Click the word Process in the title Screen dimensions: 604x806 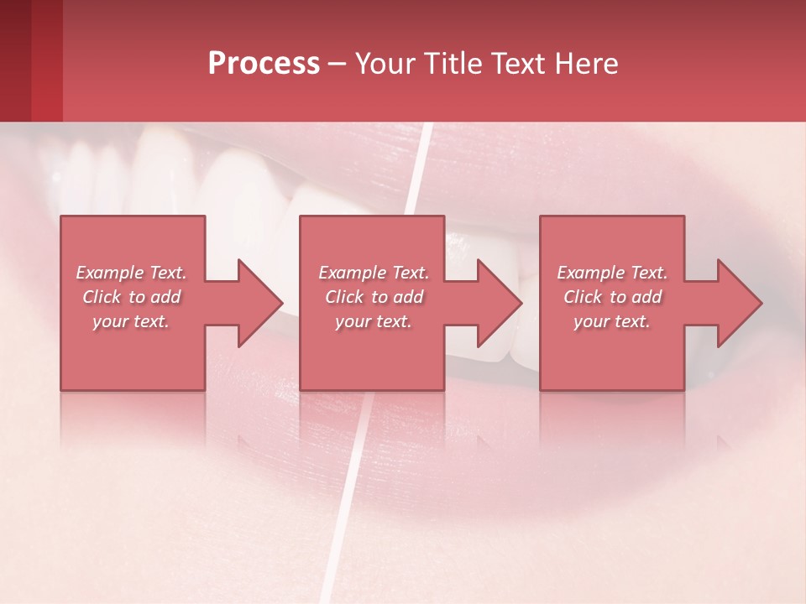264,64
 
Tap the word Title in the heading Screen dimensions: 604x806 447,64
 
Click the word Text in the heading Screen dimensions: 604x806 517,64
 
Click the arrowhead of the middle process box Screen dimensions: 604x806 494,303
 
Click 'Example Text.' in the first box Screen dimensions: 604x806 132,273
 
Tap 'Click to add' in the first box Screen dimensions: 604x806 132,297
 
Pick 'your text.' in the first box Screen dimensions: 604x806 132,321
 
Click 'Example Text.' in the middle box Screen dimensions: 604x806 374,273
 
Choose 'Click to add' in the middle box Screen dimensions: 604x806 374,297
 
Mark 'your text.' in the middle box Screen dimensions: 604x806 374,321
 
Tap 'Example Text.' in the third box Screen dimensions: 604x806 612,273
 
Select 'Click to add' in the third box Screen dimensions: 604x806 612,297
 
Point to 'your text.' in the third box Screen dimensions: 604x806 612,321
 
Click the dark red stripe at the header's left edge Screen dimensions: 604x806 15,60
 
